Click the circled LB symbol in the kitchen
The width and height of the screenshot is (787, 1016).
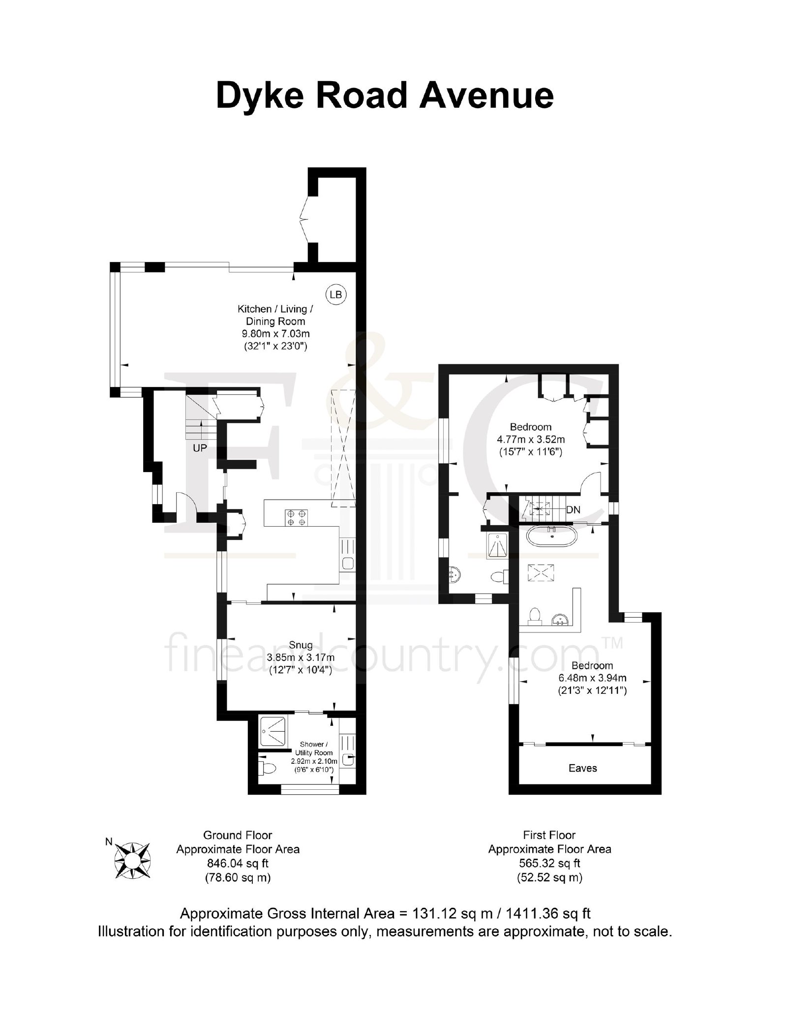coord(336,295)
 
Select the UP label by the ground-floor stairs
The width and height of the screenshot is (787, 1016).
coord(200,448)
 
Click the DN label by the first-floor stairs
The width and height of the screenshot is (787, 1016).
coord(574,510)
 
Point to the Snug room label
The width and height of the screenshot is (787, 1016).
coord(301,645)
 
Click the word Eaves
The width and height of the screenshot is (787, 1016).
coord(582,768)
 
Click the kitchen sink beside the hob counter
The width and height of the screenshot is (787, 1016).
coord(347,556)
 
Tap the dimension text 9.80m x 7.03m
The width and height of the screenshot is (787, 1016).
coord(275,333)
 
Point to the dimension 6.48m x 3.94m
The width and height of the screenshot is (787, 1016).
coord(592,678)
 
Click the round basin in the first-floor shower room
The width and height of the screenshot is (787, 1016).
coord(455,573)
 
